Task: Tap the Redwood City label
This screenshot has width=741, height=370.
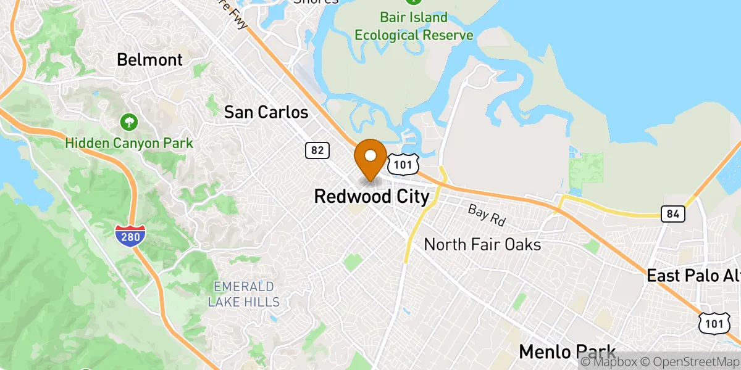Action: (371, 197)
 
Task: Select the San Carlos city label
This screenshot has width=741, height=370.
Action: (266, 112)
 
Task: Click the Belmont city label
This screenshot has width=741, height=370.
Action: (150, 60)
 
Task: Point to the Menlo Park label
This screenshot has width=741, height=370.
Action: (567, 352)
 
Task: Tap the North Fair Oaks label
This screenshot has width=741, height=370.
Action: (482, 245)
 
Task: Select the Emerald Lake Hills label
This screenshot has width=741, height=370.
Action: (243, 294)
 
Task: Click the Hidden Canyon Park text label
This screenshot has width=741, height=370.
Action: (130, 144)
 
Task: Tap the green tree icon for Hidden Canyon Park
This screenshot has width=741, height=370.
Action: (129, 121)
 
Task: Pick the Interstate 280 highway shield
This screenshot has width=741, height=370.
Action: (130, 235)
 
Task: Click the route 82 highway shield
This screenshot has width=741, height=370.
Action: (317, 150)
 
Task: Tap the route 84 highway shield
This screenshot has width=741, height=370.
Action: (672, 214)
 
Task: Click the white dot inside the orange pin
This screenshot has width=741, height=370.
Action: (371, 154)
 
